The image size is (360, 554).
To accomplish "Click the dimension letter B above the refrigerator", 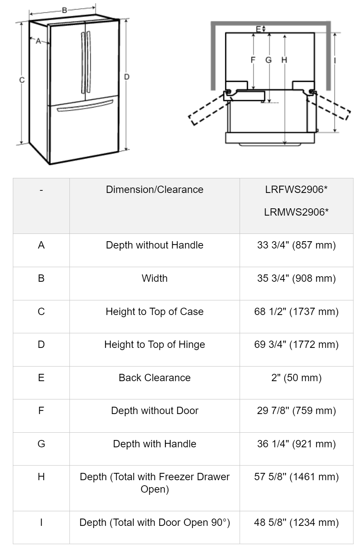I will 64,10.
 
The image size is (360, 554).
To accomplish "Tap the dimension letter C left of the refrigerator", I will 22,80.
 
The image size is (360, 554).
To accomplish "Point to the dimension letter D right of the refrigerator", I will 127,77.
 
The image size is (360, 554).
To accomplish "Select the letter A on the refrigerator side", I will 38,41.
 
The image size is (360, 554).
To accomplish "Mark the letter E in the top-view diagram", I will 258,29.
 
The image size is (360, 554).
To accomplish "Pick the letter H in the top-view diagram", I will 284,60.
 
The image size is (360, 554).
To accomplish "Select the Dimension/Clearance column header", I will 154,190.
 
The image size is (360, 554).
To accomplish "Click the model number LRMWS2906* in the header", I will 296,212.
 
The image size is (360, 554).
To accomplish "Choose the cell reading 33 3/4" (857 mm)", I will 296,245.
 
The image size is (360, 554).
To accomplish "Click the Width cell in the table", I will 154,278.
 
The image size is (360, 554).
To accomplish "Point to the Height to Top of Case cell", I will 154,312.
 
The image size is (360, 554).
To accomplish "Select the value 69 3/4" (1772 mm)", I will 296,345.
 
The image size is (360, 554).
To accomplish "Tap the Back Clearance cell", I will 154,378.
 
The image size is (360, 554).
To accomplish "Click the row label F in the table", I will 41,411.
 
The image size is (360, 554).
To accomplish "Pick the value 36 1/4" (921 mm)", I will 296,444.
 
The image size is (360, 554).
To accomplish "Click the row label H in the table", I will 41,477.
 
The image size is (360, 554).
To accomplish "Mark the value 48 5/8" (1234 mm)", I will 296,523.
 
